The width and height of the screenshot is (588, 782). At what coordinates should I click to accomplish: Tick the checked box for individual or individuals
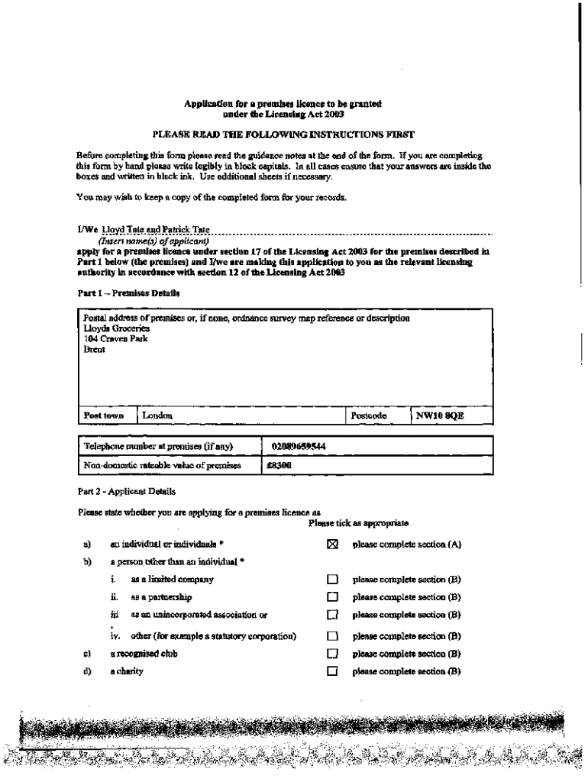click(x=331, y=544)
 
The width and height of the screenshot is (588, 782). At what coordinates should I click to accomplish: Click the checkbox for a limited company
click(x=331, y=580)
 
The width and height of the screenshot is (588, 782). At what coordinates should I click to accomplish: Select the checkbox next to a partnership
click(x=331, y=597)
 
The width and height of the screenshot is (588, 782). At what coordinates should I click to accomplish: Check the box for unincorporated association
click(x=331, y=615)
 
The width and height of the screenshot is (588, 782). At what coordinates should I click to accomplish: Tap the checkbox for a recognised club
click(x=331, y=654)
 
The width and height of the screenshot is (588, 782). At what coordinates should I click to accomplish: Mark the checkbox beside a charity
click(x=331, y=672)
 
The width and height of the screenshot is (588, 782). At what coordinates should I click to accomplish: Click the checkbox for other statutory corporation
click(x=331, y=635)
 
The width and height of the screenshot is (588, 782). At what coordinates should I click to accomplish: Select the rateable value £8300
click(x=277, y=465)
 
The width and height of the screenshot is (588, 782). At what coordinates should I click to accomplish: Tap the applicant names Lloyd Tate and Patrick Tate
click(x=150, y=228)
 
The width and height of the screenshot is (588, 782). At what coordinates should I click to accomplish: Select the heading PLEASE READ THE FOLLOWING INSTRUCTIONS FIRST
click(x=283, y=135)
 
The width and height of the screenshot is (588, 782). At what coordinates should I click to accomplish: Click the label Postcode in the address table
click(x=369, y=415)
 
